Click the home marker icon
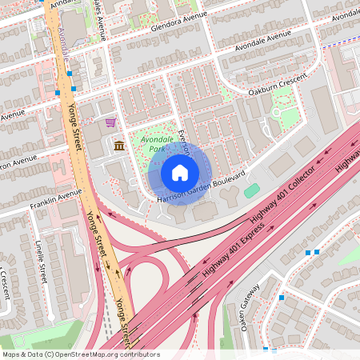tap(180, 172)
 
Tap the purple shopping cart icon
tap(110, 122)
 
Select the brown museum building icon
tap(119, 145)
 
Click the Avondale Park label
tap(157, 143)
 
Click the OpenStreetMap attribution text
tap(81, 354)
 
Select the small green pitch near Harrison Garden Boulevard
tap(252, 190)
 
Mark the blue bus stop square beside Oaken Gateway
tap(281, 298)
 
